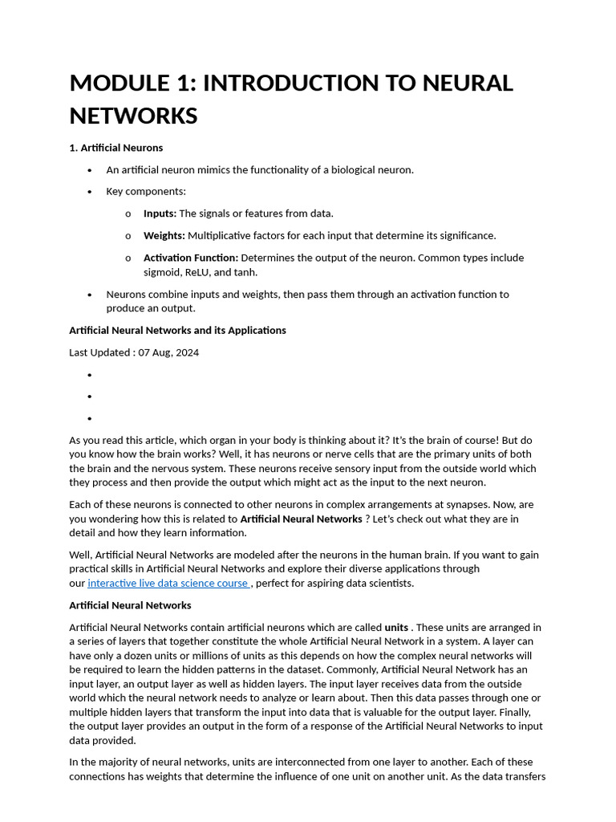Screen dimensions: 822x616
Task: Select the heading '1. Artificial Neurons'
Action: click(x=115, y=148)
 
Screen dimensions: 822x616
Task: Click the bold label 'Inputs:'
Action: click(x=160, y=214)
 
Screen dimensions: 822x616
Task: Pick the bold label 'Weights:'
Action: click(x=164, y=235)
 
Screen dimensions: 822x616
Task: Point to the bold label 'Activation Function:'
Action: click(x=190, y=258)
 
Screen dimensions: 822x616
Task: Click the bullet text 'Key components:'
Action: click(x=146, y=192)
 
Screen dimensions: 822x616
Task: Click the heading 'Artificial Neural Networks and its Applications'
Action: click(x=177, y=330)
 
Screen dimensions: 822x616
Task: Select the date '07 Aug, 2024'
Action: click(x=168, y=352)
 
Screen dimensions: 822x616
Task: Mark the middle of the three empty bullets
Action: click(x=90, y=397)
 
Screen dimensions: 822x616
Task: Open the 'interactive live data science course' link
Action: click(x=168, y=584)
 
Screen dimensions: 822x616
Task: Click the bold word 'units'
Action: click(x=396, y=627)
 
